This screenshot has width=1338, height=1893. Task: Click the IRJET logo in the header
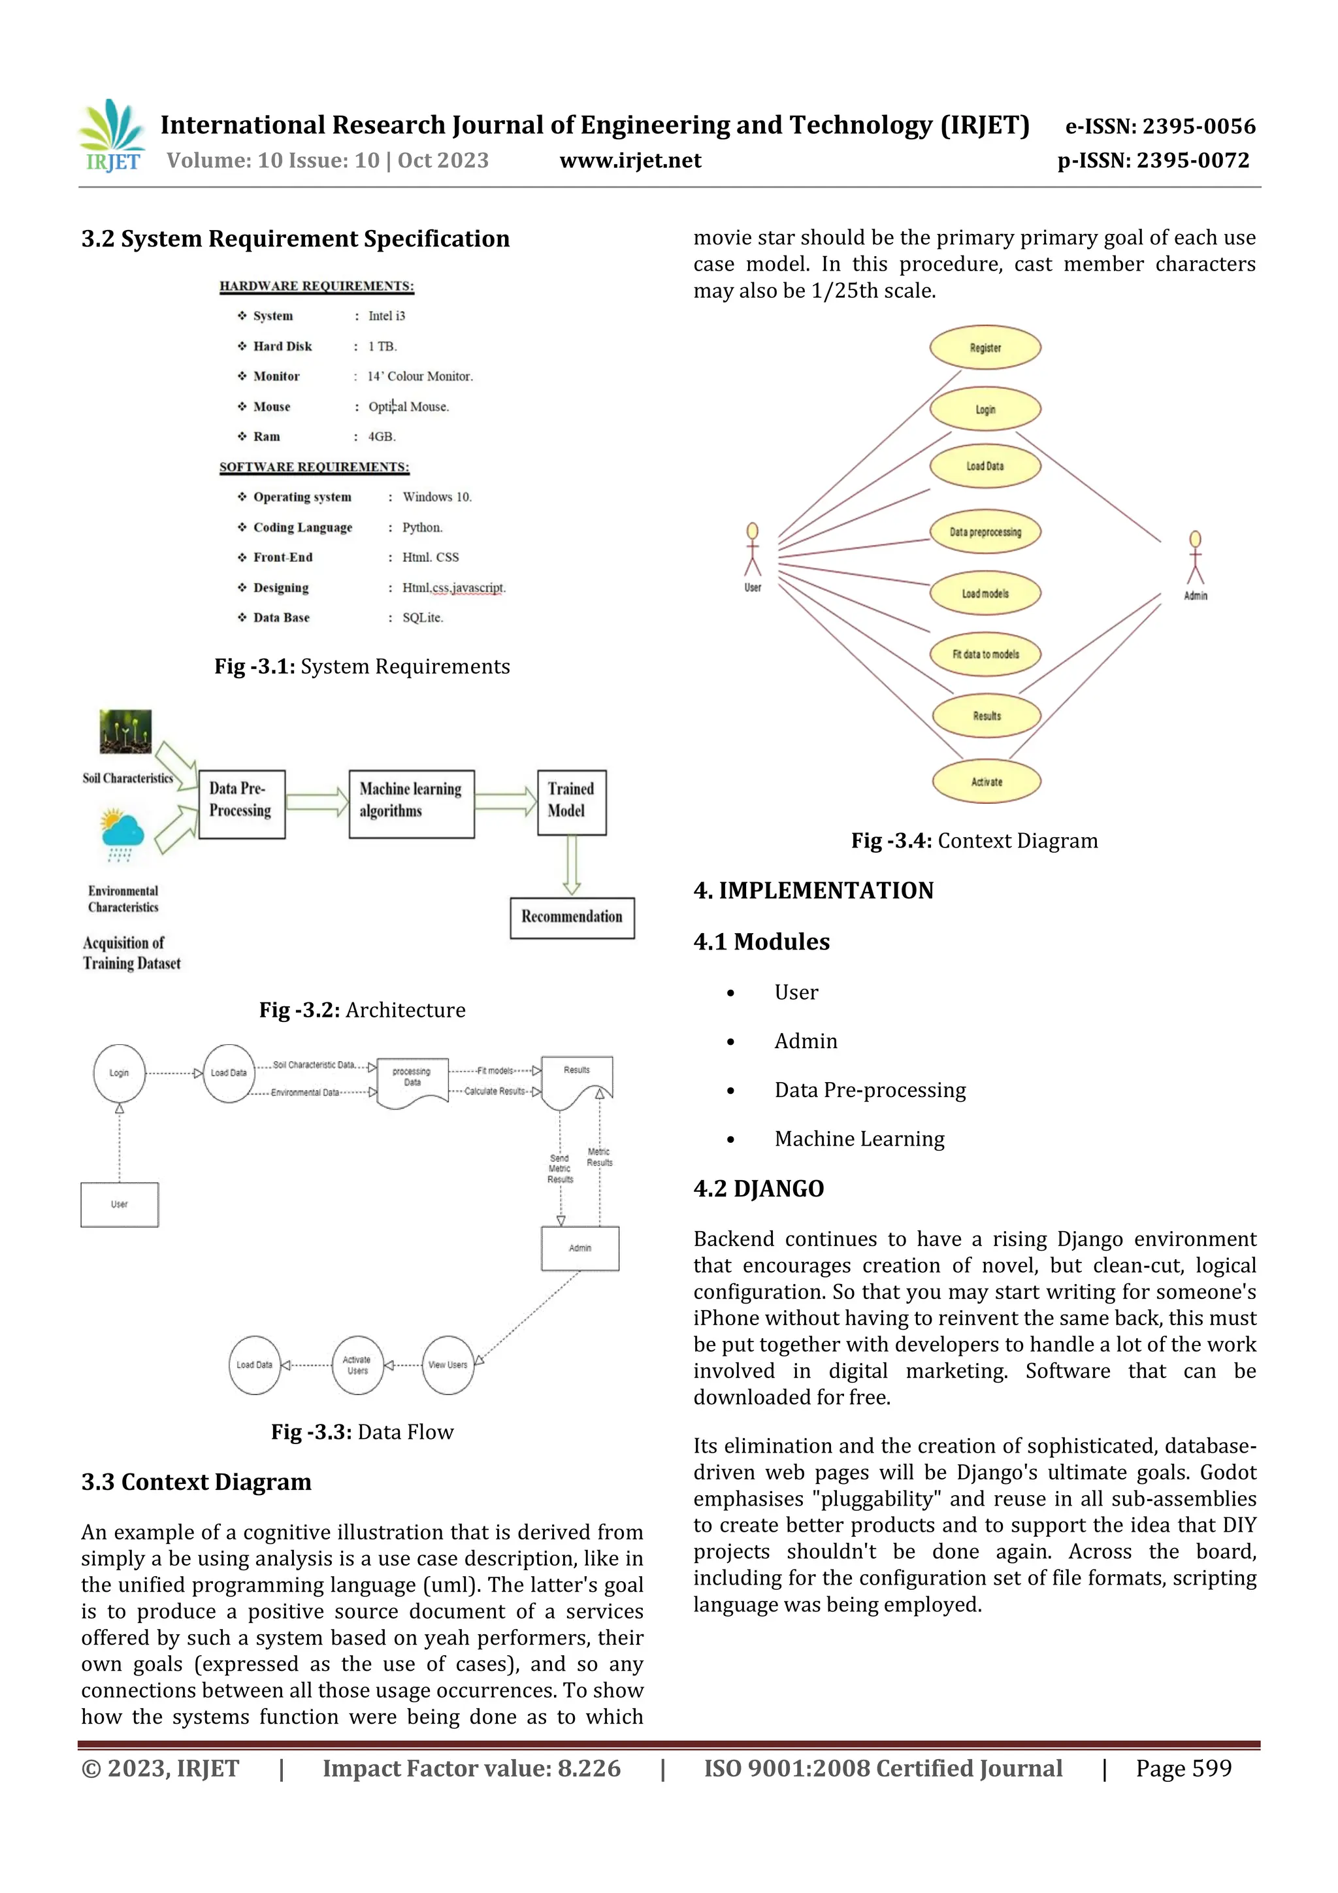[113, 136]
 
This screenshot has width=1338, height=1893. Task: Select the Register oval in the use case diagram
[985, 348]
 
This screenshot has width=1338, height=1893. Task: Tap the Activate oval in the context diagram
[986, 782]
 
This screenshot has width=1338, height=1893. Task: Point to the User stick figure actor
[752, 551]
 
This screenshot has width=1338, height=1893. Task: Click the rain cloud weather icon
[122, 835]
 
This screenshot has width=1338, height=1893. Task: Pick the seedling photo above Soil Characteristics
[125, 731]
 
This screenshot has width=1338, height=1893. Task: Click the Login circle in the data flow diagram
[120, 1074]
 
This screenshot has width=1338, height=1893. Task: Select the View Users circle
[448, 1365]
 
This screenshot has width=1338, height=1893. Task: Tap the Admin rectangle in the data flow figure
[579, 1248]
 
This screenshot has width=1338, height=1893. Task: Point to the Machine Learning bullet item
[859, 1138]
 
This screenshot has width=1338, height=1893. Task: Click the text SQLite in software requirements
[422, 617]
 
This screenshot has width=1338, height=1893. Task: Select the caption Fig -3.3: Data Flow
[362, 1432]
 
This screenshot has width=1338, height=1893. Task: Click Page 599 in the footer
[1183, 1768]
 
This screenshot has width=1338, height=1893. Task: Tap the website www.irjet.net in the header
[630, 161]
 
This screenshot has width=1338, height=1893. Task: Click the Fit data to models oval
[985, 655]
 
